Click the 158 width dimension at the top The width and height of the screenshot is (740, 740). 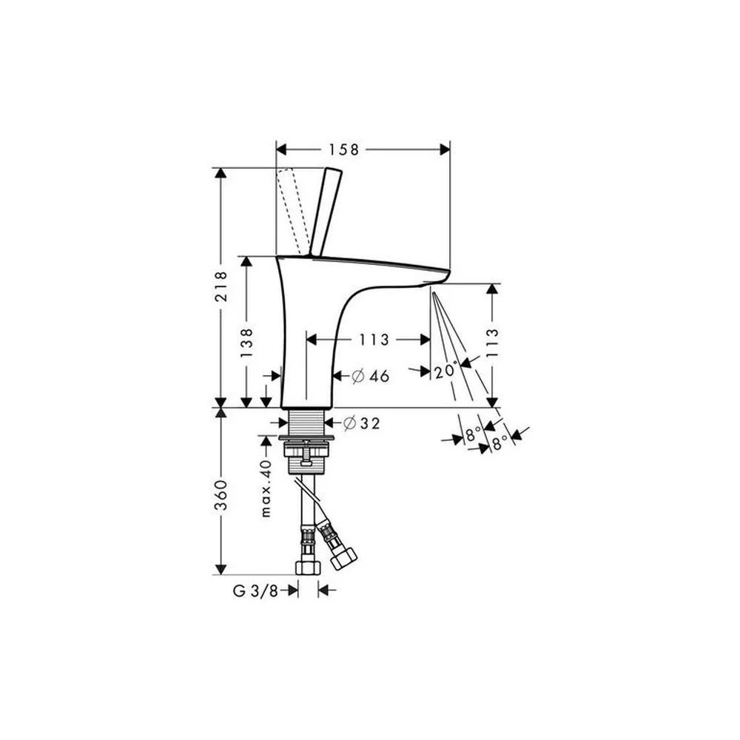pyautogui.click(x=343, y=149)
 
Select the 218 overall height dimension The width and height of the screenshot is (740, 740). pyautogui.click(x=221, y=286)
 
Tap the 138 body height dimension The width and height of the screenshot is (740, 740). pyautogui.click(x=246, y=343)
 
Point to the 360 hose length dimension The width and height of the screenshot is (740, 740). pyautogui.click(x=221, y=495)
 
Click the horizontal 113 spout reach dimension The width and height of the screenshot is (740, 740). pyautogui.click(x=374, y=340)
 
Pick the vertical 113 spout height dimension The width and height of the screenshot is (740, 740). pyautogui.click(x=492, y=343)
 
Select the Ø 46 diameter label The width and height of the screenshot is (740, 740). pyautogui.click(x=371, y=376)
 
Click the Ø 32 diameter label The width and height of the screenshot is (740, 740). pyautogui.click(x=362, y=423)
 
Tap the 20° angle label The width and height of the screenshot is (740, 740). pyautogui.click(x=446, y=371)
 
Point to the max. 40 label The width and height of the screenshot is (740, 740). pyautogui.click(x=266, y=488)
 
